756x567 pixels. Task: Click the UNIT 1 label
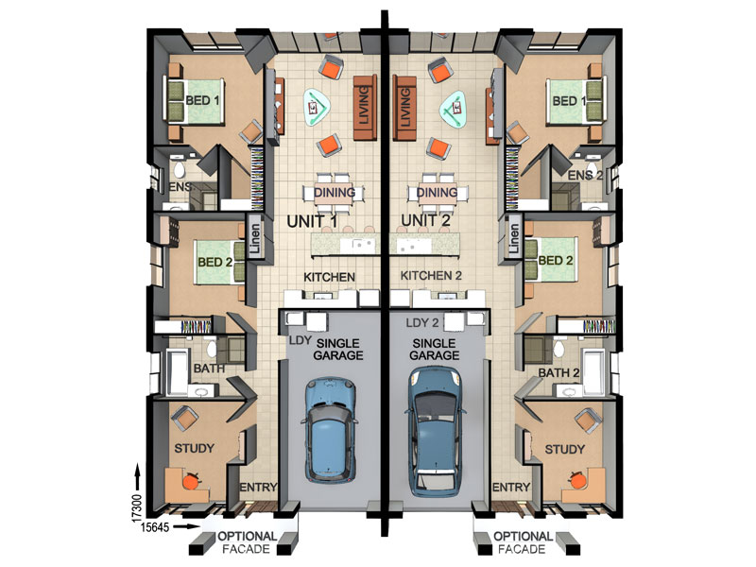[x=312, y=221]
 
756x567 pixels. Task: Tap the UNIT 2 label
[x=426, y=220]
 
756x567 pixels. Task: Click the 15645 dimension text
[x=155, y=527]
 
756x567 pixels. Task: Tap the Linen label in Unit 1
[x=254, y=239]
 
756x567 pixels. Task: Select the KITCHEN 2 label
[x=431, y=276]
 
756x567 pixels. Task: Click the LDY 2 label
[x=422, y=322]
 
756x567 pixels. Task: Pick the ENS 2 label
[x=585, y=176]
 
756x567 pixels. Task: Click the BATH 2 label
[x=558, y=373]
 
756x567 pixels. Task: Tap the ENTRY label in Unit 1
[x=258, y=488]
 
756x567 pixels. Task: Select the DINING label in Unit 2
[x=437, y=193]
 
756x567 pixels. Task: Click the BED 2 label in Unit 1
[x=215, y=263]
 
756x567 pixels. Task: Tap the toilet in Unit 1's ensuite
[x=180, y=169]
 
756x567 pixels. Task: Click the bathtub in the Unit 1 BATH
[x=177, y=371]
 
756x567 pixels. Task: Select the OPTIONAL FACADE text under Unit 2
[x=523, y=542]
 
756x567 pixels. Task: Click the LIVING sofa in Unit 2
[x=404, y=108]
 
